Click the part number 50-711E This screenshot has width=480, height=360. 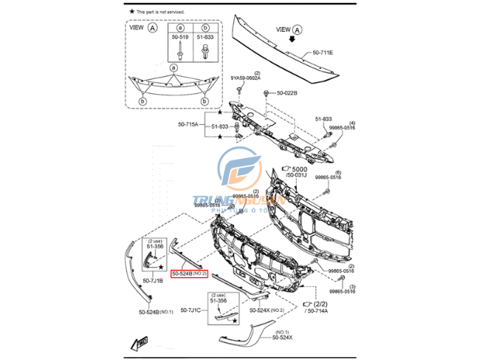tap(323, 53)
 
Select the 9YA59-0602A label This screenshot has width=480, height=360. tap(245, 78)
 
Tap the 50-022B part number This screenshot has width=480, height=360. tap(287, 93)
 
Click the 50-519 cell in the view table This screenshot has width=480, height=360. tap(179, 35)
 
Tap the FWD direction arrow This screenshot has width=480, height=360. tap(140, 342)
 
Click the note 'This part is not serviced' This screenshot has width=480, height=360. tap(160, 12)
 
